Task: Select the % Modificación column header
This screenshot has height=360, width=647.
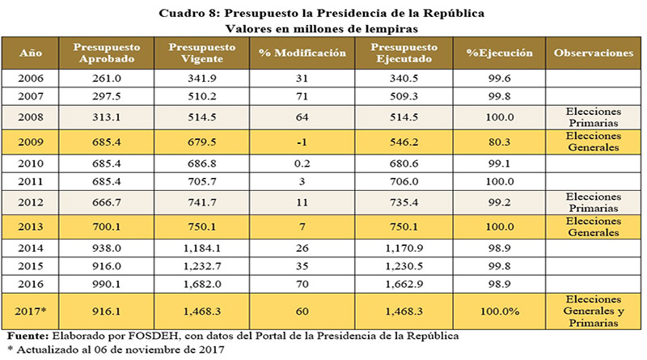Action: (x=302, y=53)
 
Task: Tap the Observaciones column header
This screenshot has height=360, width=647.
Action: (x=593, y=53)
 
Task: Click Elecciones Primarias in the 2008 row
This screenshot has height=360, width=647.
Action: (x=593, y=116)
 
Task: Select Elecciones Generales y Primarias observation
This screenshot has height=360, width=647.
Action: (x=593, y=308)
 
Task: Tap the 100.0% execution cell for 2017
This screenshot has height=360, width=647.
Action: (x=499, y=308)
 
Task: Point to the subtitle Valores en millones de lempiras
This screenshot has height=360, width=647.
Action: (x=323, y=28)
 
